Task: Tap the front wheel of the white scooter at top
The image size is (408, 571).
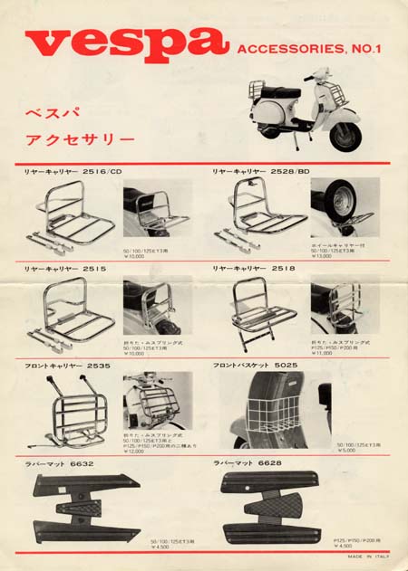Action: click(345, 135)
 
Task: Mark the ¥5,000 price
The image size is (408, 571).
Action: click(346, 451)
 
